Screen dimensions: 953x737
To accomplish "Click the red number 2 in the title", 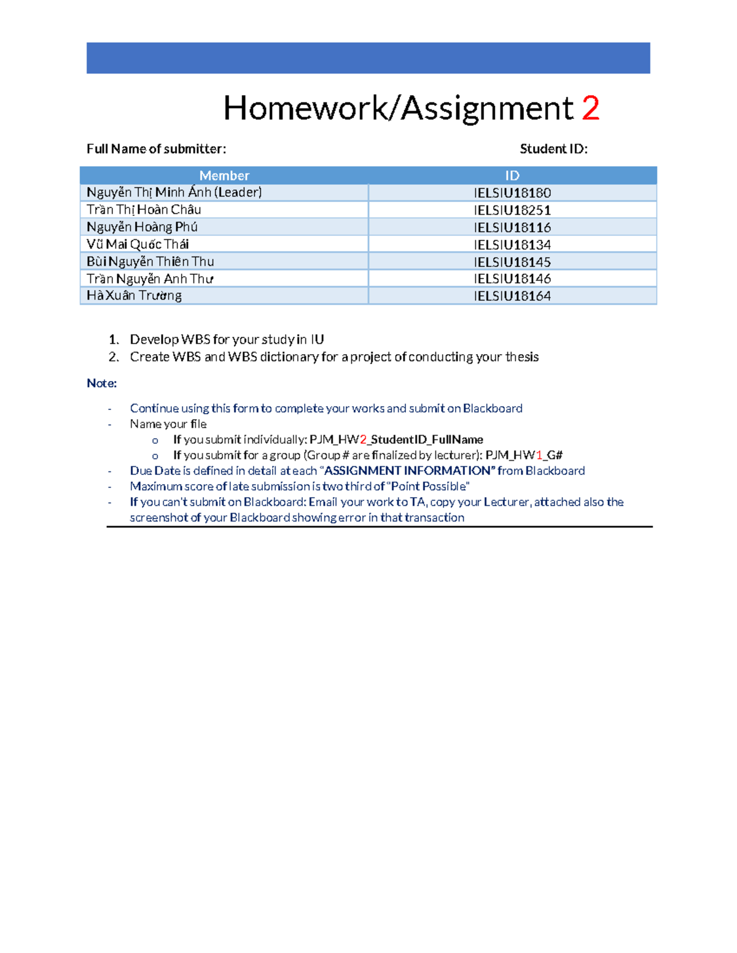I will tap(590, 109).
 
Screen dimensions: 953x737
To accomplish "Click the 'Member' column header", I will tap(224, 176).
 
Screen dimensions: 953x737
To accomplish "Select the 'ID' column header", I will tap(512, 176).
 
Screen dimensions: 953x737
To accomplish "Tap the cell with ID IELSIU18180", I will tap(512, 193).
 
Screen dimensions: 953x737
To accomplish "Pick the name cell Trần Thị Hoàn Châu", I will tap(144, 210).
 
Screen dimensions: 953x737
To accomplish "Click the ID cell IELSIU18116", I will tap(512, 227).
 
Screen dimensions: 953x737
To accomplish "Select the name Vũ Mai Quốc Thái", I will tap(138, 244).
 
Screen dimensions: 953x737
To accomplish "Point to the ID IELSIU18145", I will tap(512, 261).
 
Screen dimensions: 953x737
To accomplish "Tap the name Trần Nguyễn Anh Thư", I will tap(150, 279).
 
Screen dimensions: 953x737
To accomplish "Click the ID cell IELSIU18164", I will tap(512, 296).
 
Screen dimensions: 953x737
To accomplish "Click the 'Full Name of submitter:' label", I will tap(156, 149).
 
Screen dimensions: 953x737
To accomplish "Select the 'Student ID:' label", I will tap(553, 149).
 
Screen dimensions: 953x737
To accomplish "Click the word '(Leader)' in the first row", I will tap(238, 193).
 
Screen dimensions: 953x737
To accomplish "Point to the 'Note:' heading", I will tap(101, 384).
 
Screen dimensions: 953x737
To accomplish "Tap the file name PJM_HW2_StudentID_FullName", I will tap(396, 439).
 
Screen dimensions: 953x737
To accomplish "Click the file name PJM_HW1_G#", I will tap(524, 455).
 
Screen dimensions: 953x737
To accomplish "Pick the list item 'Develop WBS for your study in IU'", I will tap(227, 339).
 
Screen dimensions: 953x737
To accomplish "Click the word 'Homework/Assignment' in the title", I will tap(398, 109).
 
